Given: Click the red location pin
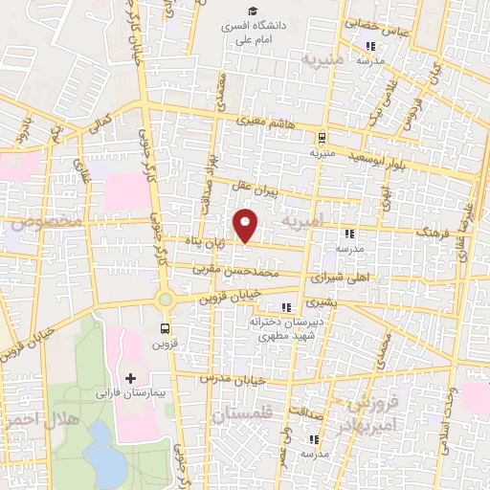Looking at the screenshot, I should (247, 226).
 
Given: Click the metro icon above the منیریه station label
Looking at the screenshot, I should (322, 136).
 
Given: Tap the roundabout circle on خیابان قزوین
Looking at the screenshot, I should (165, 300).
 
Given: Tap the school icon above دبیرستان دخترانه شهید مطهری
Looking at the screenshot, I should (285, 307).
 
